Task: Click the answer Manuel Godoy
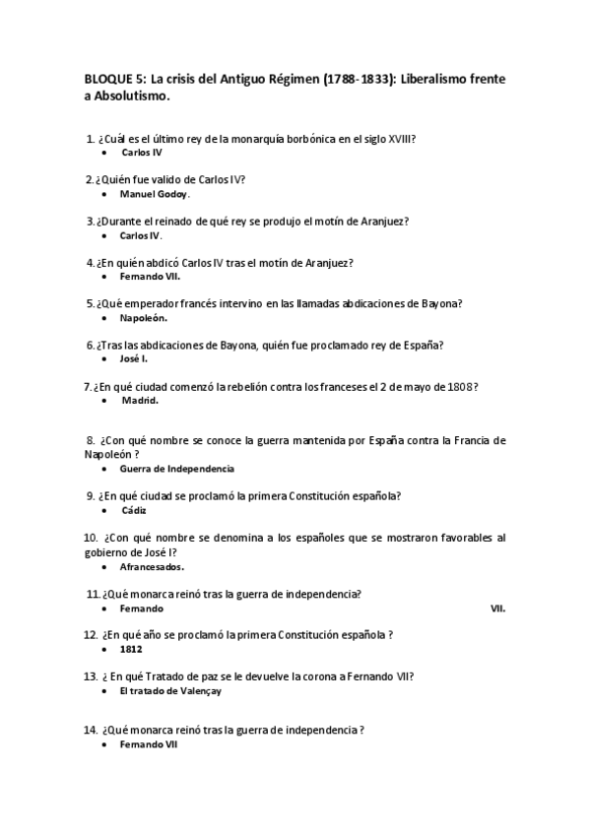click(155, 194)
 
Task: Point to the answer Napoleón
click(143, 319)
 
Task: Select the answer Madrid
click(140, 401)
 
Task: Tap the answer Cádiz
click(134, 511)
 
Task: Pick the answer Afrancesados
click(152, 566)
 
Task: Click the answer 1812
click(131, 649)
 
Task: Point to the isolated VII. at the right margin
click(497, 609)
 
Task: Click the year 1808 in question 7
click(460, 386)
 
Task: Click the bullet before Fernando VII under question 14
click(105, 746)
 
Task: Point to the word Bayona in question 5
click(440, 304)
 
